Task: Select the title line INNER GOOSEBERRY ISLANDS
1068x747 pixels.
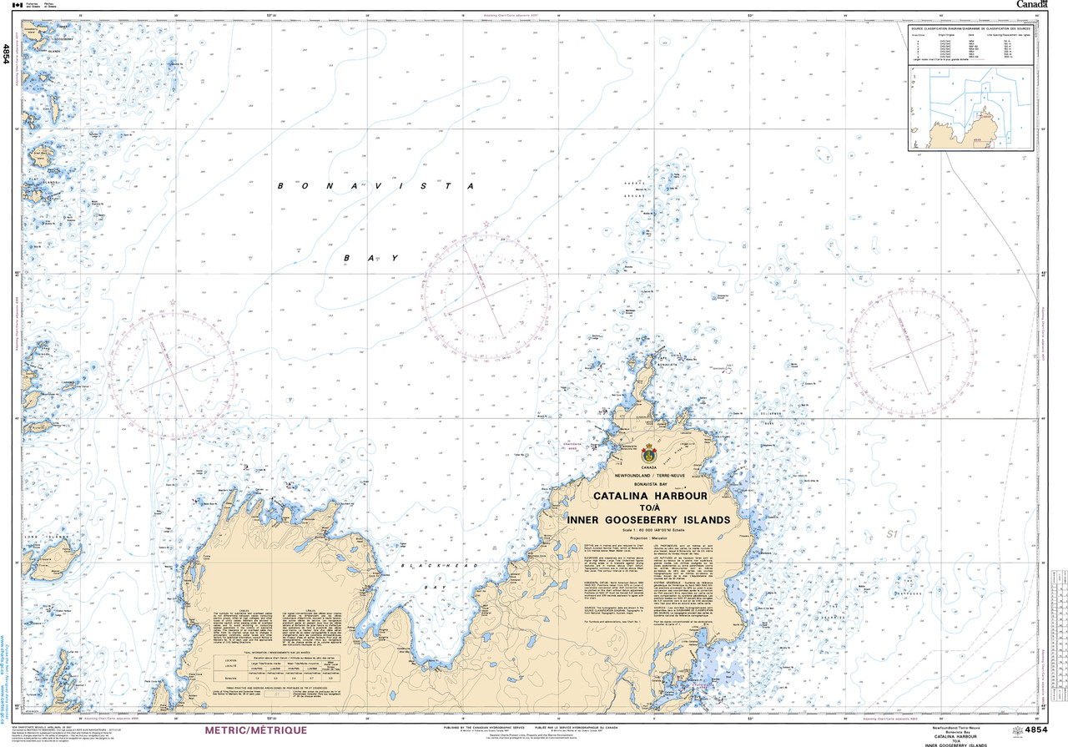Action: (x=649, y=519)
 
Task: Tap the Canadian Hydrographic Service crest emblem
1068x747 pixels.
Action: (x=649, y=453)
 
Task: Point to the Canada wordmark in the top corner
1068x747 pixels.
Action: (x=1031, y=5)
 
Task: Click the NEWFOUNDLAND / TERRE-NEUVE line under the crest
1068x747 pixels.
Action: (x=649, y=474)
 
